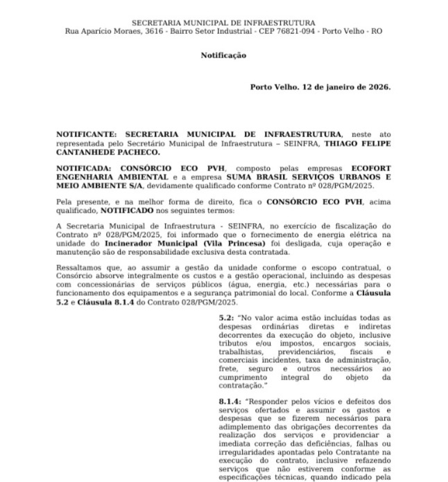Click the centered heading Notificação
[223, 55]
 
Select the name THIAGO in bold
[332, 143]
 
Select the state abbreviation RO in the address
[377, 31]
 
